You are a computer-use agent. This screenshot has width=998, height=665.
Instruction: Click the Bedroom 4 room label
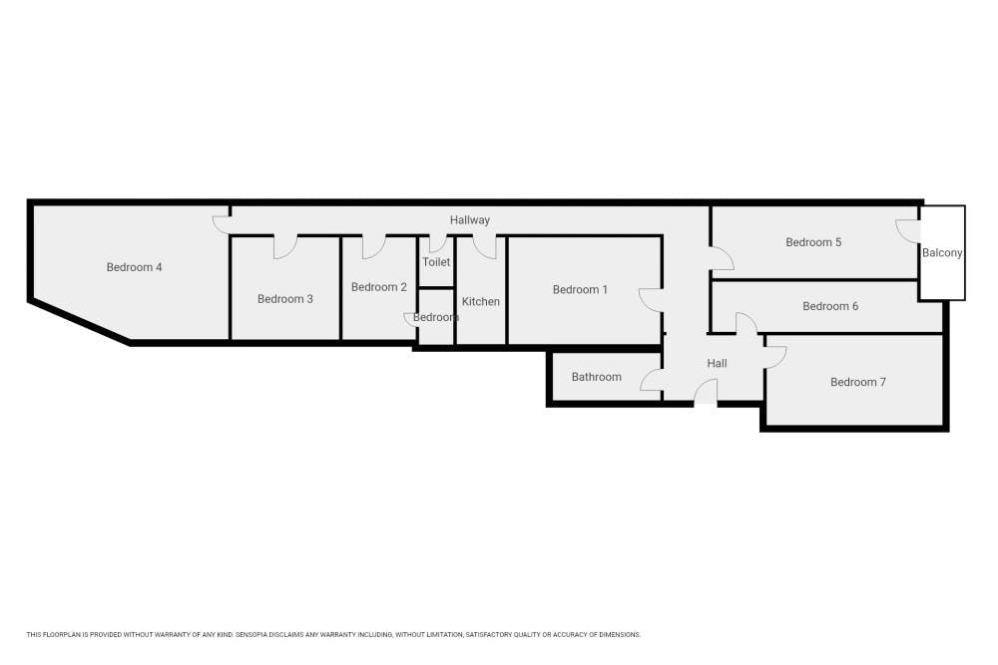[134, 267]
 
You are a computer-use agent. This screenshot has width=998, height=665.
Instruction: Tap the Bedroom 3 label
[285, 299]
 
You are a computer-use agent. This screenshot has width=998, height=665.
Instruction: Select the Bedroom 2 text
[379, 287]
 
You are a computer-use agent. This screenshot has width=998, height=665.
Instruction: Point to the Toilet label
[436, 262]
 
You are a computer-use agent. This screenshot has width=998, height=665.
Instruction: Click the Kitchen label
[481, 301]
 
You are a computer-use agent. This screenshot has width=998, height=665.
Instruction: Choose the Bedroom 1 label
[581, 290]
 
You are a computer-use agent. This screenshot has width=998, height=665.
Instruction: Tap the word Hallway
[470, 220]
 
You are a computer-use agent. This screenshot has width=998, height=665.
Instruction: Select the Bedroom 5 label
[813, 242]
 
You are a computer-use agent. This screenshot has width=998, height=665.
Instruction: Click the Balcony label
[942, 253]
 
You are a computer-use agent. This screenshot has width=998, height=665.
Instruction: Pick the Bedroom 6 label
[830, 307]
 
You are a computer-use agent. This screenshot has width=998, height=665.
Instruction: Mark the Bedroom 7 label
[858, 382]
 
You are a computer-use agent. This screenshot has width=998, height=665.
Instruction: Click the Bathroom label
[597, 377]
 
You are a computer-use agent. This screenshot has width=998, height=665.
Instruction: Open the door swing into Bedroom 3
[284, 247]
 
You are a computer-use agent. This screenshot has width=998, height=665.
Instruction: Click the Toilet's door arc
[436, 244]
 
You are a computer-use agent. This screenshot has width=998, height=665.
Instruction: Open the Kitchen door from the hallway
[485, 247]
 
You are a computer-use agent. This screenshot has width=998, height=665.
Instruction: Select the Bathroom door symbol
[651, 380]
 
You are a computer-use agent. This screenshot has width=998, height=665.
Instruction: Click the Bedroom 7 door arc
[776, 357]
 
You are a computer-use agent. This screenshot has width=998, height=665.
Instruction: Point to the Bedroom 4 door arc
[221, 225]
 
